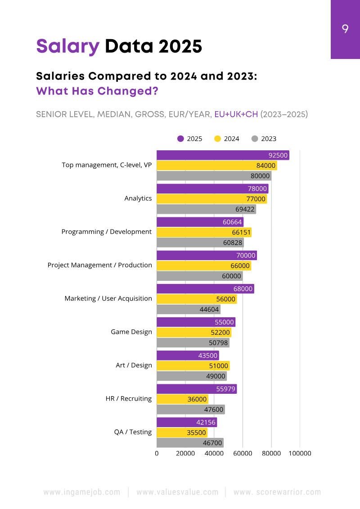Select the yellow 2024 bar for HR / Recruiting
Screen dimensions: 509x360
click(182, 399)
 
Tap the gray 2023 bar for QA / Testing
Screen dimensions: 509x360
click(190, 443)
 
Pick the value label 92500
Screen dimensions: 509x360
click(278, 155)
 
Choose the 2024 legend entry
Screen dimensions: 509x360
click(227, 139)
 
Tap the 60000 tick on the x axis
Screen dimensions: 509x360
click(243, 453)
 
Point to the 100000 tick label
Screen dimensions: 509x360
click(300, 453)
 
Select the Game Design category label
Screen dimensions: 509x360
click(131, 332)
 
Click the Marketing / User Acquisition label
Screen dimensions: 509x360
click(108, 298)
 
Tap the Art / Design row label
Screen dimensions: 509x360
click(134, 365)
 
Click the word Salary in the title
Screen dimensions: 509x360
click(67, 46)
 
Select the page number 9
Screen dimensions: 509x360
click(345, 29)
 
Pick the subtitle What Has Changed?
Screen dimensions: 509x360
click(97, 91)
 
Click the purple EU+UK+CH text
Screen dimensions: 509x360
click(236, 114)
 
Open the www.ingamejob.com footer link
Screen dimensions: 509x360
click(82, 492)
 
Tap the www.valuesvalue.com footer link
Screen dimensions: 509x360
click(177, 492)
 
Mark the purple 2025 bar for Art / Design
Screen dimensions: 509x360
click(188, 356)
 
